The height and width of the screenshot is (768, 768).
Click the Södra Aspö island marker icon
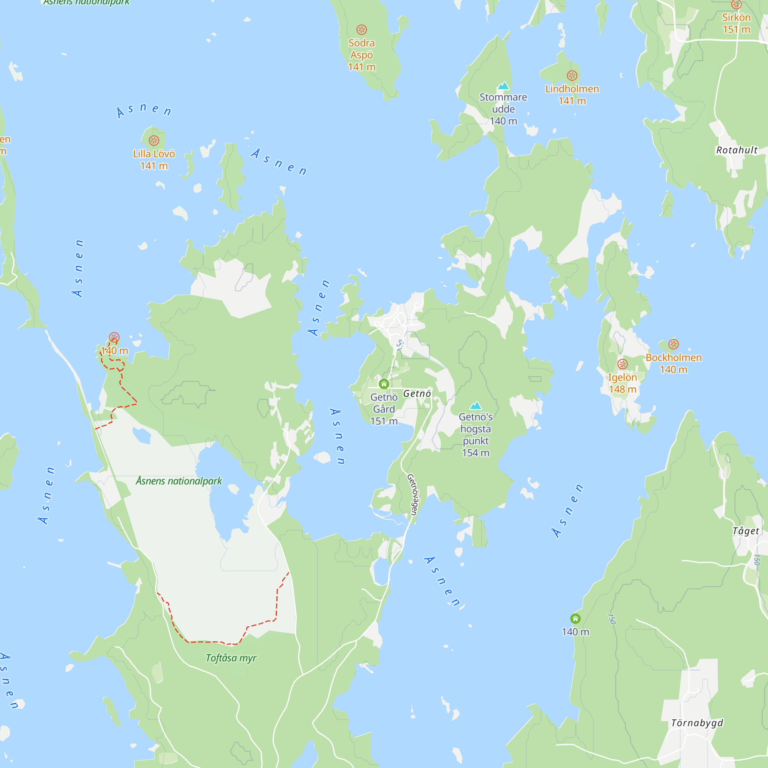click(361, 30)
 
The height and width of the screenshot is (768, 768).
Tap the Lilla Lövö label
click(154, 154)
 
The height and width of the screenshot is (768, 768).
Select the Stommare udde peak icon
click(503, 86)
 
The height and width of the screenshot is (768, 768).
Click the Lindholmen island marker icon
click(572, 76)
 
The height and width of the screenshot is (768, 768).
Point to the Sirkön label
click(736, 18)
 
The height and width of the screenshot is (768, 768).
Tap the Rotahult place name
click(737, 150)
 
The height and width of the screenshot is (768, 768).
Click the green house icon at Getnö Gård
click(384, 384)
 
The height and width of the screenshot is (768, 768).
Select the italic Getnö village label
click(417, 394)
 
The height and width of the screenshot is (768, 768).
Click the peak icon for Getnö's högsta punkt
click(475, 406)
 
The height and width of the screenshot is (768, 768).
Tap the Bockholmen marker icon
click(674, 344)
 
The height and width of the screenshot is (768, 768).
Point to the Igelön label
click(622, 377)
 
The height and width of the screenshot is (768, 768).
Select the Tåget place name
click(746, 531)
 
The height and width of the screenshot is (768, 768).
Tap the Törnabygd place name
click(697, 723)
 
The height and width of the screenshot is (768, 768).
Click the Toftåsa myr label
click(231, 658)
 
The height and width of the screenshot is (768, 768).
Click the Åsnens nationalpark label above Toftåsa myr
click(179, 481)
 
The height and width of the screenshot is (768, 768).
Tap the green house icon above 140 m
click(575, 619)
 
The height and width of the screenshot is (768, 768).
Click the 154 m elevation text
click(475, 453)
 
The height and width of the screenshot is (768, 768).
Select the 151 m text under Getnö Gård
click(384, 421)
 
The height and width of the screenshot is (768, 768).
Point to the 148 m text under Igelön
click(622, 389)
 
